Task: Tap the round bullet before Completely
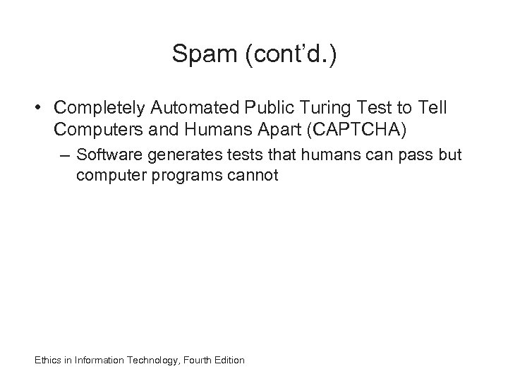[41, 108]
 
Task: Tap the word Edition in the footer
[229, 361]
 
